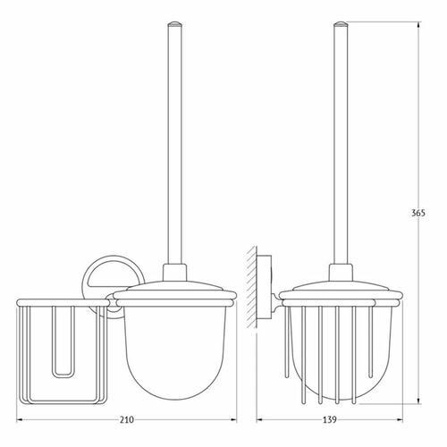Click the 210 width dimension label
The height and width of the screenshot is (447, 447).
click(127, 420)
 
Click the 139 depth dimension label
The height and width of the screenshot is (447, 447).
click(330, 420)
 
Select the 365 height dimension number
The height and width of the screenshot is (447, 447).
click(418, 213)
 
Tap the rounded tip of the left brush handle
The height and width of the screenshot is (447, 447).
click(174, 24)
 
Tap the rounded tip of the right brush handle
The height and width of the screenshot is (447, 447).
click(341, 24)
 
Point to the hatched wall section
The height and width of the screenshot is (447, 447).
click(251, 287)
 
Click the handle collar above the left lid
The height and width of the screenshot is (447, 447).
click(174, 273)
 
